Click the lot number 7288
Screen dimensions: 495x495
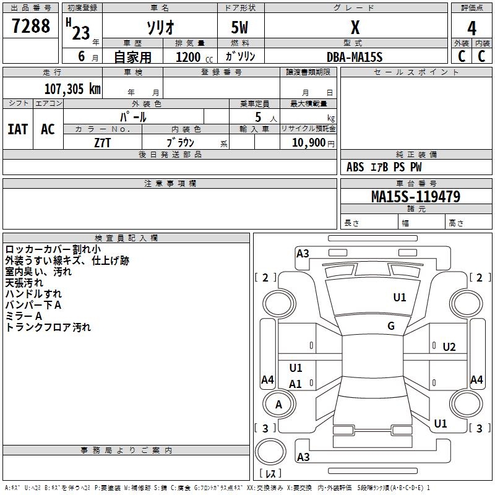(30, 25)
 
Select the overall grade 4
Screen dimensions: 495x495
(471, 28)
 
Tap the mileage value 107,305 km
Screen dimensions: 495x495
(72, 88)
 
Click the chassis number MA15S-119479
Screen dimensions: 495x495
(416, 196)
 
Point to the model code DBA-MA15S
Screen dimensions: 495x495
(355, 57)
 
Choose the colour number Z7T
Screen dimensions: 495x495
(102, 143)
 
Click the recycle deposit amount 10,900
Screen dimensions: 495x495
(308, 142)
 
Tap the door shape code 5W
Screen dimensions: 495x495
(239, 27)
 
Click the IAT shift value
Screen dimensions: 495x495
(18, 129)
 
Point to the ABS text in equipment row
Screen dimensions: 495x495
(355, 167)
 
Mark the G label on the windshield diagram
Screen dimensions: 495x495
(391, 326)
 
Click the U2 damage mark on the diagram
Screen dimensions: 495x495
(449, 347)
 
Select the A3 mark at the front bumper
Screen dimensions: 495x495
(303, 254)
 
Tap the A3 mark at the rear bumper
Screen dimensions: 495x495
(303, 457)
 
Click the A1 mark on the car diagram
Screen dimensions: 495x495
(295, 384)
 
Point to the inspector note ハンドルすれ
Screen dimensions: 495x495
(33, 293)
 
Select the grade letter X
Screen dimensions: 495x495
(355, 27)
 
